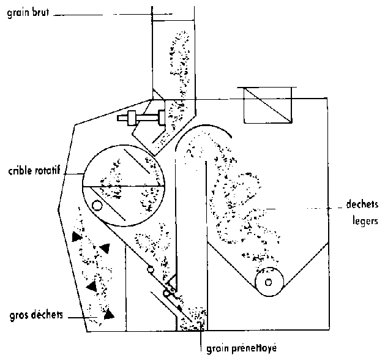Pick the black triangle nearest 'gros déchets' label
click(109, 315)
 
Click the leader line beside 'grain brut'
click(101, 11)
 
